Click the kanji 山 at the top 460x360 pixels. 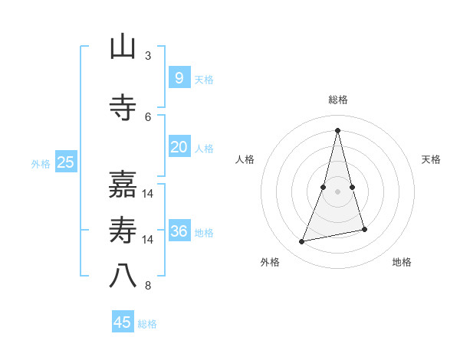[123, 47]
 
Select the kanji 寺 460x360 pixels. [123, 107]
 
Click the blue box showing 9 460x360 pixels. [179, 78]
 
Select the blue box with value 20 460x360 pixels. [179, 147]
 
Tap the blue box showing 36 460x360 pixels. [179, 231]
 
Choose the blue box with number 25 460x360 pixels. [66, 162]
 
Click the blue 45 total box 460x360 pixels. [123, 322]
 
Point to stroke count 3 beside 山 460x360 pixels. [148, 56]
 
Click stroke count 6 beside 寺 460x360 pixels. [148, 116]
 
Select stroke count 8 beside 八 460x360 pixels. [148, 286]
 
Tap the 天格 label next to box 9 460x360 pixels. [204, 80]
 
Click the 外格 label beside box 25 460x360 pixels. [41, 163]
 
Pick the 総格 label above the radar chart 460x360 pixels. [337, 100]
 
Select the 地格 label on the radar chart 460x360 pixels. [402, 262]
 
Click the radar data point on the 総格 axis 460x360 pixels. [337, 130]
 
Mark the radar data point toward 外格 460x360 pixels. [302, 242]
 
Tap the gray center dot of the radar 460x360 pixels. [337, 191]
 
